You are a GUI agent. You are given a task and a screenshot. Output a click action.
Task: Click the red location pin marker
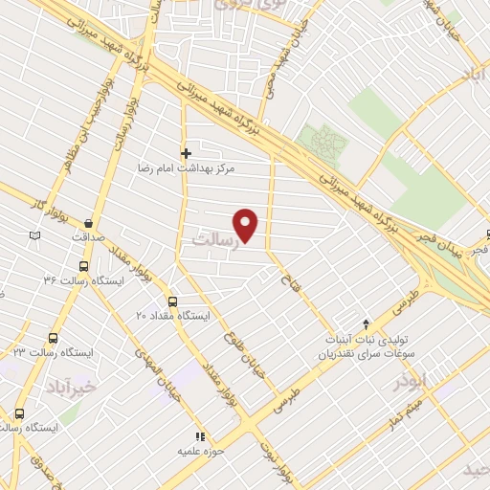[x=247, y=224]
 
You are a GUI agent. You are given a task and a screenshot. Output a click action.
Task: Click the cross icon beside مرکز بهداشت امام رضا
[x=187, y=153]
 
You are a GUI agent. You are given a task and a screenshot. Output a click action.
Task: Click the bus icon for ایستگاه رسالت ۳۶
[x=84, y=267]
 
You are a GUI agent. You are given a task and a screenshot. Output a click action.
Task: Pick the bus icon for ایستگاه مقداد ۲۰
[x=172, y=301]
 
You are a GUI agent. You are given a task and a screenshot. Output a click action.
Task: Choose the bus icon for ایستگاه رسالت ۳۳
[x=53, y=339]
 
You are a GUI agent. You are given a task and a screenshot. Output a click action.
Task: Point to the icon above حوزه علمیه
[x=200, y=436]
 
